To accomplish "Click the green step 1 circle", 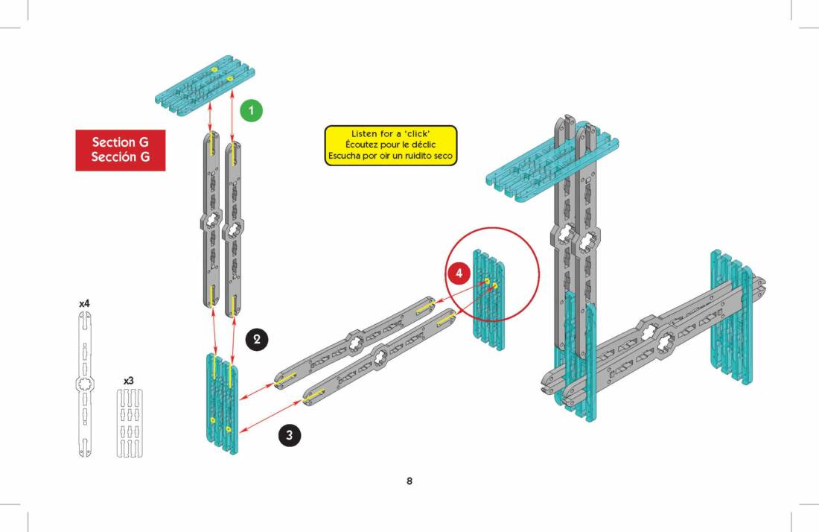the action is click(x=251, y=111).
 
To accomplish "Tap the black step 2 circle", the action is click(x=256, y=340).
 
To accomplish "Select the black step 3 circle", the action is click(x=290, y=435).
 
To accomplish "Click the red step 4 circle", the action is click(x=459, y=273).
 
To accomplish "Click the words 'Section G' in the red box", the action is click(x=120, y=142).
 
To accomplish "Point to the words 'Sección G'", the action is click(x=120, y=156).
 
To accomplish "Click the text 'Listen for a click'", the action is click(x=391, y=134).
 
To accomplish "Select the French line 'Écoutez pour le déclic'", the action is click(x=391, y=145).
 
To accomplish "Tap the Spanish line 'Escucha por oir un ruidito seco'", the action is click(x=391, y=156).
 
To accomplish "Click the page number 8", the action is click(x=409, y=481).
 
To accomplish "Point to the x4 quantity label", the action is click(x=84, y=303).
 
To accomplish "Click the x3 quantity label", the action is click(x=129, y=381).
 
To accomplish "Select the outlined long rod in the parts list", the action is click(x=85, y=384).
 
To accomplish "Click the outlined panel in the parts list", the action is click(x=129, y=423).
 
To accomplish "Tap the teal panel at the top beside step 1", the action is click(x=205, y=85).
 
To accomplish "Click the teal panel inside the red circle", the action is click(x=489, y=300).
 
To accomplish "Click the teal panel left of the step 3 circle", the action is click(x=222, y=404).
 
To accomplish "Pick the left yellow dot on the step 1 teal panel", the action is click(x=214, y=70).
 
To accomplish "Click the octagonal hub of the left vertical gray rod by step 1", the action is click(x=211, y=221).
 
